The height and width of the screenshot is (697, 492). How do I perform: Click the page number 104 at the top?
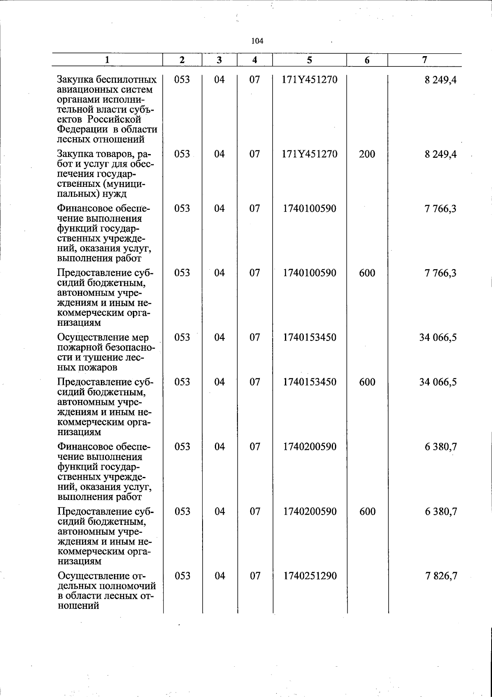(x=257, y=41)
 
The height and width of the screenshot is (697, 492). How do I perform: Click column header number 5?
(x=309, y=60)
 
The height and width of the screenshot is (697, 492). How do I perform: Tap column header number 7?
(x=425, y=59)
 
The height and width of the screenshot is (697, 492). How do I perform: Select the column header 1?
(x=107, y=60)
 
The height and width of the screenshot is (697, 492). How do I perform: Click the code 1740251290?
(x=310, y=576)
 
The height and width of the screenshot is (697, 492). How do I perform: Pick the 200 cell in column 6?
(x=367, y=154)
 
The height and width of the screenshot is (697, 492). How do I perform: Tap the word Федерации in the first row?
(x=80, y=129)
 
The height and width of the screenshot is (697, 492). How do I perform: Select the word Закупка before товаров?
(x=76, y=154)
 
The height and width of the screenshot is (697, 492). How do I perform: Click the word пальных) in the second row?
(x=75, y=194)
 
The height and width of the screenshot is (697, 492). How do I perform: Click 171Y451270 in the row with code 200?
(x=310, y=154)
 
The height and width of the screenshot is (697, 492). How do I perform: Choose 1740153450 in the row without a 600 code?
(x=310, y=338)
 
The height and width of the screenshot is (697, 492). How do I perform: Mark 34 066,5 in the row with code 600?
(x=437, y=382)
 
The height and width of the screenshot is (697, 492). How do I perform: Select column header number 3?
(x=219, y=60)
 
